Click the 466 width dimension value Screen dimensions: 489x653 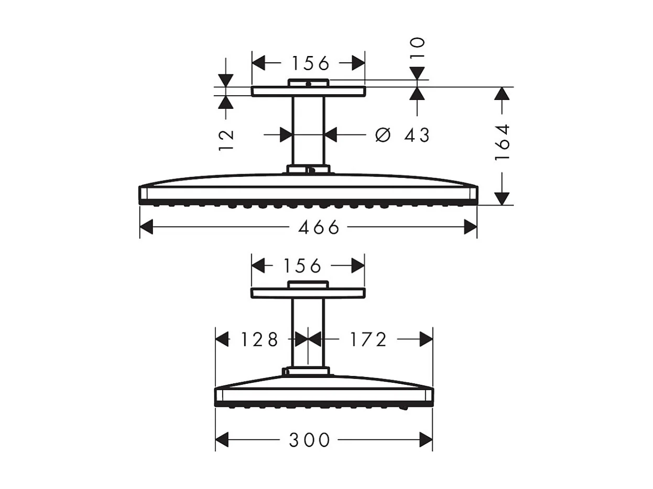tap(319, 227)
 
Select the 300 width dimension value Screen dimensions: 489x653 tap(310, 440)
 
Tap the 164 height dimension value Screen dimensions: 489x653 tap(502, 142)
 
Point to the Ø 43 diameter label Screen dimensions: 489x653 tap(402, 135)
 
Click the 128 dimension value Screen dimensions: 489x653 tap(259, 340)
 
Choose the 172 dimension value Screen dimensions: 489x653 tap(368, 340)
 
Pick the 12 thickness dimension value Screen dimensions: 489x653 tap(226, 140)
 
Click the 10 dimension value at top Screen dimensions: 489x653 tap(418, 49)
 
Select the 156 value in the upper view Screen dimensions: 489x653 tap(310, 63)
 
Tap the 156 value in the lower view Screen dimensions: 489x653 tap(302, 266)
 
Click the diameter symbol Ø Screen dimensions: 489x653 tap(384, 135)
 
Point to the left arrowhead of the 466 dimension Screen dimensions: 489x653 tap(146, 227)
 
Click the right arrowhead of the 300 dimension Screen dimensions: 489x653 tap(426, 440)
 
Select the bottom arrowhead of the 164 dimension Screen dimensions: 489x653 tap(502, 198)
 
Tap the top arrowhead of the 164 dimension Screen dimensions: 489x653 tap(502, 94)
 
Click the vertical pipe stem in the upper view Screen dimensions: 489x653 tap(308, 131)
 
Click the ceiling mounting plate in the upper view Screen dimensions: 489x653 tap(308, 92)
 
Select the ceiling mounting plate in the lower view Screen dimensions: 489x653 tap(308, 293)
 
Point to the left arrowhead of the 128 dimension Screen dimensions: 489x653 tap(222, 340)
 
